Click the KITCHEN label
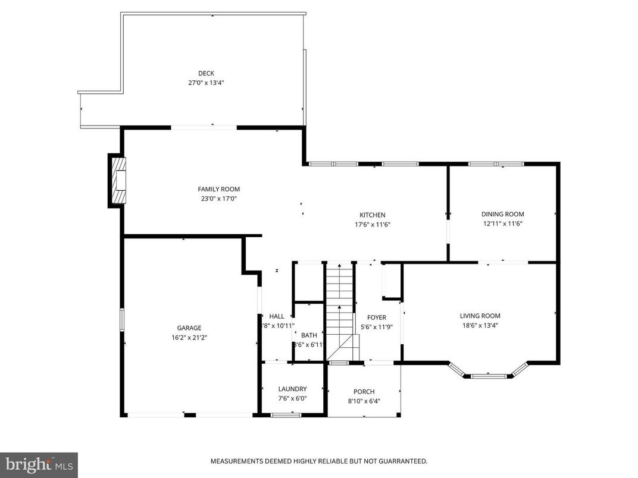point(372,215)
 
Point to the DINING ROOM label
point(502,214)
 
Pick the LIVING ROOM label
point(480,316)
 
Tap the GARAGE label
point(189,328)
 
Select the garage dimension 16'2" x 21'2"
point(189,337)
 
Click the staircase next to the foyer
point(340,309)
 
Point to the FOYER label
point(376,317)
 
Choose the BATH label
point(309,335)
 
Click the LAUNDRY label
point(292,389)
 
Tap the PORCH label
point(364,391)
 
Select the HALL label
point(277,316)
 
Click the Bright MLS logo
point(39,464)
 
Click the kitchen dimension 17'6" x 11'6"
point(372,225)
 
